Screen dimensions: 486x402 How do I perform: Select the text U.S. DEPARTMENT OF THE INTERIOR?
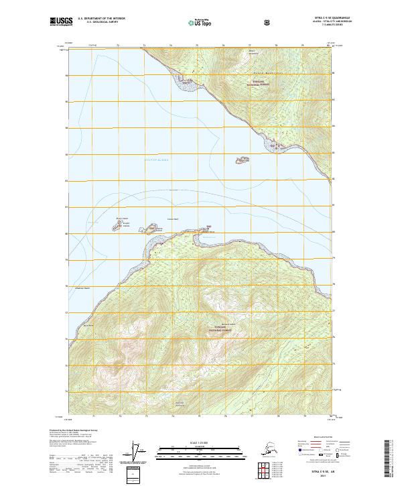pos(101,19)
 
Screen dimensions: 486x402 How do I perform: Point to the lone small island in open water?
pos(240,160)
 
